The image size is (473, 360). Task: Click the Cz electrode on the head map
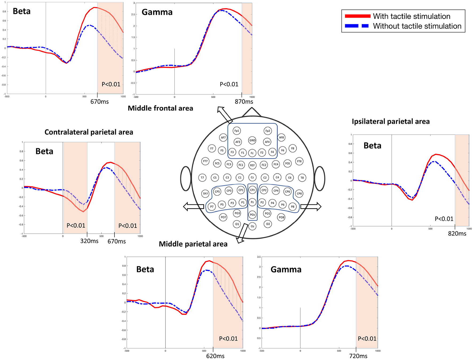[252, 177]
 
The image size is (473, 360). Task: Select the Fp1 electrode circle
[237, 131]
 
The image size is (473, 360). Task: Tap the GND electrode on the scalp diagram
[252, 140]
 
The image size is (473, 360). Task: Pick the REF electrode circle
[252, 165]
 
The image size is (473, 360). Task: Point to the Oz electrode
[252, 226]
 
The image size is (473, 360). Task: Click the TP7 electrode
[205, 194]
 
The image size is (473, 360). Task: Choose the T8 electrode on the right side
[302, 178]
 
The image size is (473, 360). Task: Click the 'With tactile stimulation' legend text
[411, 16]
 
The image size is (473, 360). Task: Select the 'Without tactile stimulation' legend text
[417, 26]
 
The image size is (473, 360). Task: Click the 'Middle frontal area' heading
[160, 108]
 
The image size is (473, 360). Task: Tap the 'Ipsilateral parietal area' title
[391, 122]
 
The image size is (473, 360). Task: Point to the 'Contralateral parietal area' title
[89, 132]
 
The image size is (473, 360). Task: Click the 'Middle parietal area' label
[193, 244]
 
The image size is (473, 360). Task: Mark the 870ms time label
[244, 102]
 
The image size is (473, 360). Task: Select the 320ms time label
[89, 241]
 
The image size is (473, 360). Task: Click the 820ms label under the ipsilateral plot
[457, 234]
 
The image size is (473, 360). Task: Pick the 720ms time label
[358, 356]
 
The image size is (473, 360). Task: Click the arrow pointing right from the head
[311, 206]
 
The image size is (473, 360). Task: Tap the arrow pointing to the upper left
[224, 114]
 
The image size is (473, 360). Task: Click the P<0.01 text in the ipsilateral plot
[444, 219]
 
